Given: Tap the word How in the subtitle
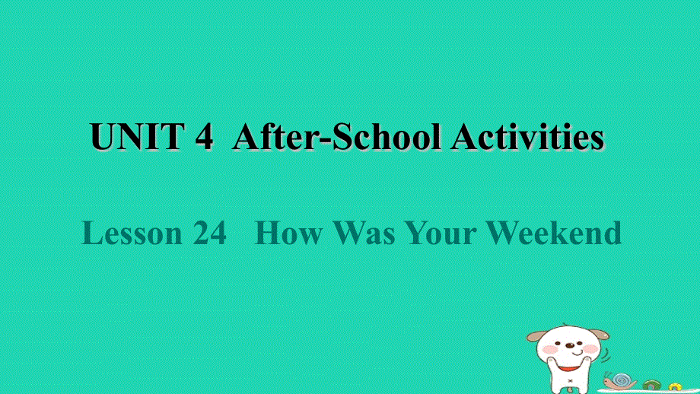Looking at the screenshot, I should point(289,234).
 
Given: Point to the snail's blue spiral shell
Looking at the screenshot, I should point(622,379).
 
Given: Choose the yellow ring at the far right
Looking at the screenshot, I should point(675,386).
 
